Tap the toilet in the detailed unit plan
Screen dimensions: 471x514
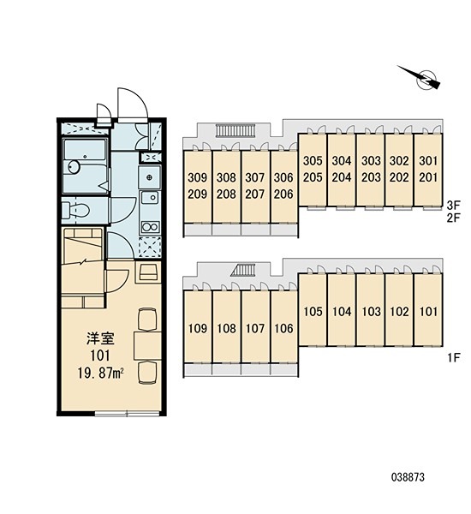[x=76, y=209]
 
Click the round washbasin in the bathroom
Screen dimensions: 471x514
[x=74, y=167]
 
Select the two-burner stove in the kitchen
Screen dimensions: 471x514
[x=150, y=227]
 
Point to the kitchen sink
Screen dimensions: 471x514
[x=150, y=197]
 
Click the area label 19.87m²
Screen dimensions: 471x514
[x=101, y=373]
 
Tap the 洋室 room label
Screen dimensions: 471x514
[x=100, y=339]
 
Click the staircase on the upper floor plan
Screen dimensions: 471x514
[x=235, y=131]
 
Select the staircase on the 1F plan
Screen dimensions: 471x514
[x=243, y=271]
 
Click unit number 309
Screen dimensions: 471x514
[x=198, y=177]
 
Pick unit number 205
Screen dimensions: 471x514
[x=313, y=177]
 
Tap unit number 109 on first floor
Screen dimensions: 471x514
[x=198, y=328]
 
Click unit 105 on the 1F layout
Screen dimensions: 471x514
[x=313, y=312]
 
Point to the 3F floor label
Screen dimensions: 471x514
[x=454, y=206]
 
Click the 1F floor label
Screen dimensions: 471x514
[x=454, y=357]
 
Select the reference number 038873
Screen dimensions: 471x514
[x=408, y=477]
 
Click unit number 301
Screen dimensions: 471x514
[x=428, y=161]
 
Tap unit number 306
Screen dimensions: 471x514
[x=283, y=177]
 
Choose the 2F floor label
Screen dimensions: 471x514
[x=454, y=218]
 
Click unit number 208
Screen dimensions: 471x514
[x=226, y=194]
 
